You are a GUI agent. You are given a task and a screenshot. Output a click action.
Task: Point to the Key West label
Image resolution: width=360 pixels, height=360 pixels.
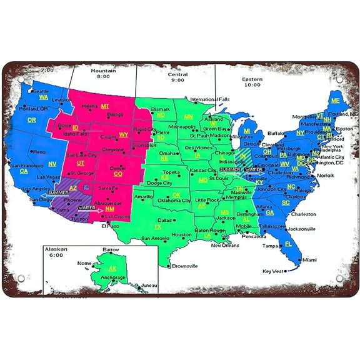pos(272,271)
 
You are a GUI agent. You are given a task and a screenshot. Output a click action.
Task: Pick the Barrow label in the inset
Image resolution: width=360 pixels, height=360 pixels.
pos(111,249)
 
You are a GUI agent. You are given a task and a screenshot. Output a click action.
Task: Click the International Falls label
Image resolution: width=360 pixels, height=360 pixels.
pos(211,99)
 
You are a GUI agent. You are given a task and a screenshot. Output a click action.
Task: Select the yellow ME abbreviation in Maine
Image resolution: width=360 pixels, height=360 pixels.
pos(336,101)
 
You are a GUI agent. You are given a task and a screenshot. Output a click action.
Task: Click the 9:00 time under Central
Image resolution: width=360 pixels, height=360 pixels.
pos(177,79)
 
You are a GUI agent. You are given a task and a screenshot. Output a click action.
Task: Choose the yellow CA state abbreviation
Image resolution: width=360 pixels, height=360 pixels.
pos(24,171)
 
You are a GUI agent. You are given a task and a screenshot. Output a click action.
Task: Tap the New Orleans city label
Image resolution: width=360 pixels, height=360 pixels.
pos(225,245)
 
